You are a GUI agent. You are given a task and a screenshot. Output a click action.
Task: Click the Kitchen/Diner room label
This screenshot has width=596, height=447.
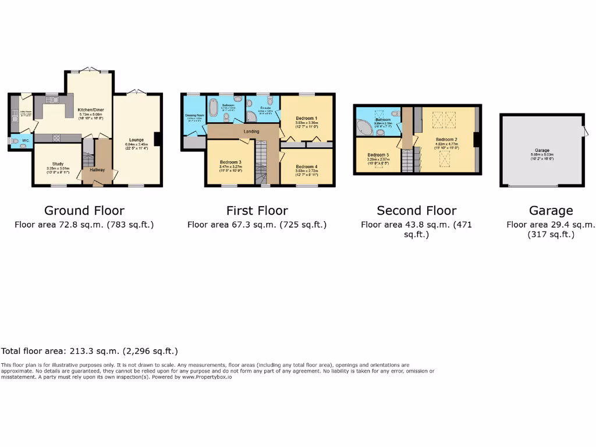tap(90, 108)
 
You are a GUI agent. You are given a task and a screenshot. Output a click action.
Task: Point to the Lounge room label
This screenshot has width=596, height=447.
tap(136, 140)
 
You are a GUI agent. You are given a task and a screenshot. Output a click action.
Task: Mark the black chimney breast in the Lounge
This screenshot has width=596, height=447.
tap(157, 140)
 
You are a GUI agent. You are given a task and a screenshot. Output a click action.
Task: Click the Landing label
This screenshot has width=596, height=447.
tap(251, 132)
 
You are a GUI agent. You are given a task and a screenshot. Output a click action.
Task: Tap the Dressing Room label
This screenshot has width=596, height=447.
tap(194, 115)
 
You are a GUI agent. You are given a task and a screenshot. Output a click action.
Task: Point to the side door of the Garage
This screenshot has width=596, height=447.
tap(586, 133)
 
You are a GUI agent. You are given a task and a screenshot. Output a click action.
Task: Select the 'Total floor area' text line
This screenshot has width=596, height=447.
tap(90, 351)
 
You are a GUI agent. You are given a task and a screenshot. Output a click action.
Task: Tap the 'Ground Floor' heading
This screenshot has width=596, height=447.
tap(84, 211)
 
